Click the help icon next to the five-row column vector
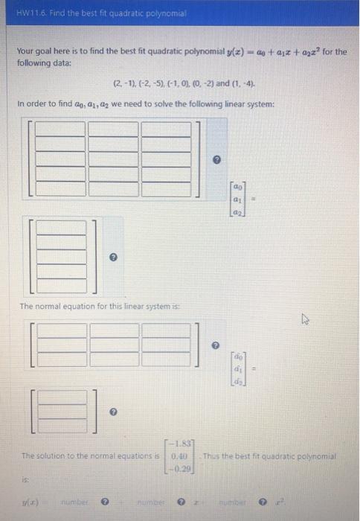pos(114,255)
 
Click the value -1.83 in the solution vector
pos(181,444)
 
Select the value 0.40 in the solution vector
pos(181,456)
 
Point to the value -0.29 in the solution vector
pos(181,467)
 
